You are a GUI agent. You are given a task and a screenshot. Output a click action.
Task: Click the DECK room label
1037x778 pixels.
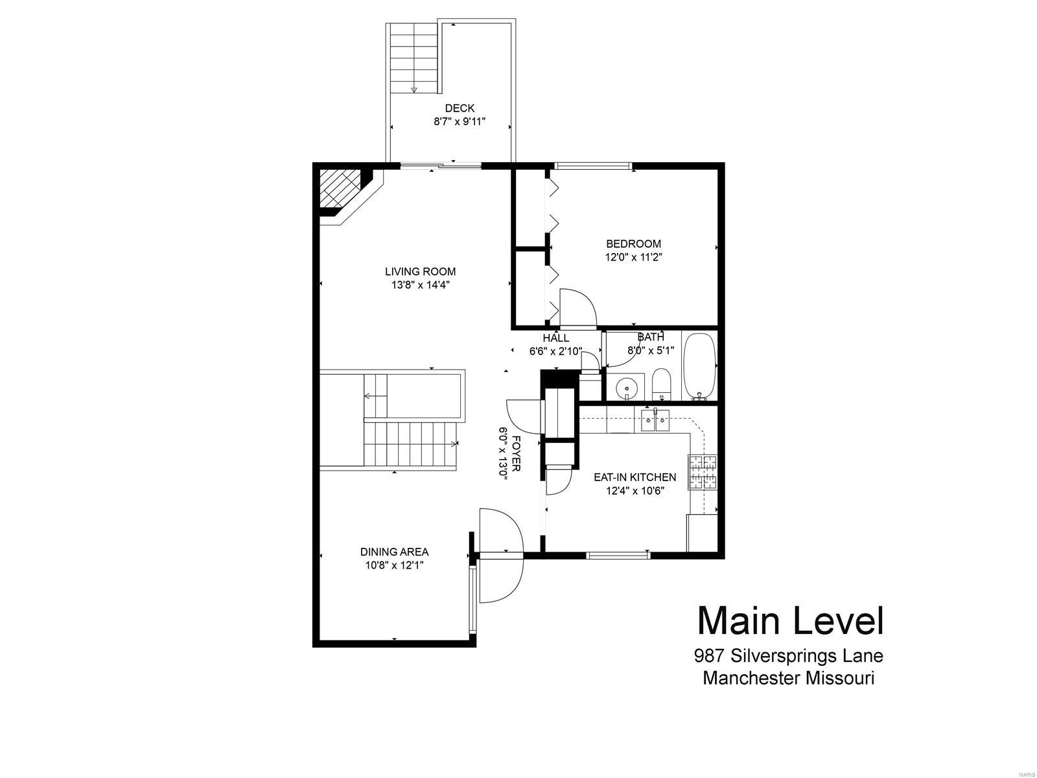click(460, 108)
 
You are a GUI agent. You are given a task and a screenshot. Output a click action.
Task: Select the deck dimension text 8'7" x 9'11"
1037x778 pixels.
click(460, 121)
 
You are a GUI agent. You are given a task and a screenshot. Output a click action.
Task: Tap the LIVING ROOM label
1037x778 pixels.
click(420, 272)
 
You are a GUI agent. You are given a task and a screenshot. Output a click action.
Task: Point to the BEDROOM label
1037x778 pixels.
click(633, 244)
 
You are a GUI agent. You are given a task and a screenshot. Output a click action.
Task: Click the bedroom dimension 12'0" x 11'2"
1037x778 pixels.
click(633, 257)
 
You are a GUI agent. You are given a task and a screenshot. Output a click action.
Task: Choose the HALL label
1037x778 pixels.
click(555, 338)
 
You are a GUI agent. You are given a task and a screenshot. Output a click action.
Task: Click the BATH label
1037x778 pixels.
click(651, 337)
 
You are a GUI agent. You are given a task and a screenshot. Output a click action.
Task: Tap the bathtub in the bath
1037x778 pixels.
click(700, 366)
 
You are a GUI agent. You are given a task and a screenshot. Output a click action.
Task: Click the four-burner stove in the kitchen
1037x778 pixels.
click(702, 472)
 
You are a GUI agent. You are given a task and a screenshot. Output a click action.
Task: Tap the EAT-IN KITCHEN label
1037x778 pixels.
click(635, 477)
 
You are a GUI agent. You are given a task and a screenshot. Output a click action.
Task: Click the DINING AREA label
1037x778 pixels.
click(394, 552)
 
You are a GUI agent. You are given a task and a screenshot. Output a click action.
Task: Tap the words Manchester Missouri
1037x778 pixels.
click(788, 678)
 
